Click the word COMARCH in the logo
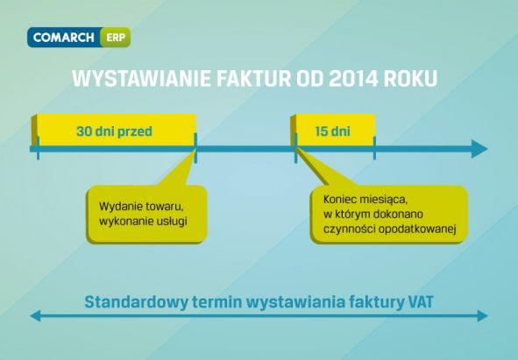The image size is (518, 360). click(x=63, y=38)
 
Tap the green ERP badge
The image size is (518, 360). click(x=116, y=38)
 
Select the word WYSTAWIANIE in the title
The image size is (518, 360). click(x=141, y=78)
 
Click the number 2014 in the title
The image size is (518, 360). click(x=353, y=78)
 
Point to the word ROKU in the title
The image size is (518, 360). click(x=411, y=78)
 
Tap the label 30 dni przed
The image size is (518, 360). click(x=114, y=131)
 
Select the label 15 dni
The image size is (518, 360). click(x=332, y=131)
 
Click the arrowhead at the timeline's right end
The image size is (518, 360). click(x=479, y=149)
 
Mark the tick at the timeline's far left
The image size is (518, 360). click(x=38, y=148)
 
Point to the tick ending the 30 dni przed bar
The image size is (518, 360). click(x=195, y=148)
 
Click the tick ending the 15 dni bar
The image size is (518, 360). click(x=374, y=148)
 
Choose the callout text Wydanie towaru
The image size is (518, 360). click(x=141, y=207)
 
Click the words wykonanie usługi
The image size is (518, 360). click(x=143, y=221)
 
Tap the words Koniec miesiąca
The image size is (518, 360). click(x=365, y=200)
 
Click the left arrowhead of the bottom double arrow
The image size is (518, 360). click(x=35, y=315)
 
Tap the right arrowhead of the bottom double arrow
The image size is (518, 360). click(x=482, y=315)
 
